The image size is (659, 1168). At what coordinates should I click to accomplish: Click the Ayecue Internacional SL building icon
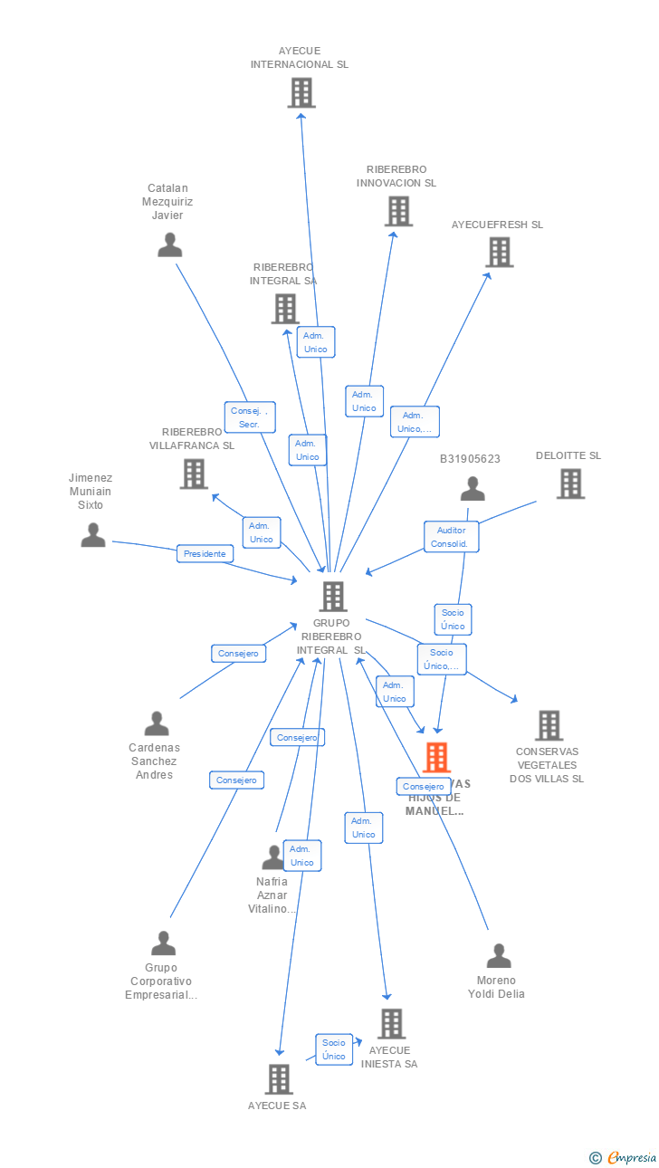pyautogui.click(x=301, y=92)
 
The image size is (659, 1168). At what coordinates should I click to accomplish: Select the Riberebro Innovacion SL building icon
pyautogui.click(x=398, y=211)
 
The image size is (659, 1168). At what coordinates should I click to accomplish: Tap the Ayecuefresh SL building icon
pyautogui.click(x=500, y=252)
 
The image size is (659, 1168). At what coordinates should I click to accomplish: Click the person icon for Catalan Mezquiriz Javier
pyautogui.click(x=170, y=245)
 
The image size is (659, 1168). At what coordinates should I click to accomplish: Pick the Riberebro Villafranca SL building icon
pyautogui.click(x=194, y=474)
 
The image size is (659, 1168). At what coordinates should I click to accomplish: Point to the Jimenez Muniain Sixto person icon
pyautogui.click(x=93, y=535)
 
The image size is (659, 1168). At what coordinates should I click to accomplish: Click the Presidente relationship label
pyautogui.click(x=205, y=553)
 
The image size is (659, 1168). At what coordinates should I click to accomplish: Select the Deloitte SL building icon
pyautogui.click(x=570, y=483)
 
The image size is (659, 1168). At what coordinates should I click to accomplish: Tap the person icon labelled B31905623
pyautogui.click(x=473, y=490)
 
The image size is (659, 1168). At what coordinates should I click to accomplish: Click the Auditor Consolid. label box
pyautogui.click(x=451, y=537)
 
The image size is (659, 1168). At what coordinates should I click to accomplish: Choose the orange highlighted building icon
pyautogui.click(x=436, y=757)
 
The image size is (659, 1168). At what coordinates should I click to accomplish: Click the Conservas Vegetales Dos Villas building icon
pyautogui.click(x=549, y=725)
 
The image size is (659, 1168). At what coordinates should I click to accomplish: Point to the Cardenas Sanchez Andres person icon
pyautogui.click(x=157, y=723)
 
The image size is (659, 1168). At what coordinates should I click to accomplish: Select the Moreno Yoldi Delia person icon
pyautogui.click(x=499, y=956)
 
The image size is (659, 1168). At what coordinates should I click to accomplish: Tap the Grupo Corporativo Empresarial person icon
pyautogui.click(x=163, y=943)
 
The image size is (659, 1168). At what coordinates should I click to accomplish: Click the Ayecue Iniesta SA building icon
pyautogui.click(x=391, y=1024)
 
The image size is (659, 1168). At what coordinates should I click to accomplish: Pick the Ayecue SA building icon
pyautogui.click(x=279, y=1078)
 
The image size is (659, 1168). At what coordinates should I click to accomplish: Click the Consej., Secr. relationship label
pyautogui.click(x=250, y=417)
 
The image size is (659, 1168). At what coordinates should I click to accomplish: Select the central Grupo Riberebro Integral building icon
pyautogui.click(x=333, y=596)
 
